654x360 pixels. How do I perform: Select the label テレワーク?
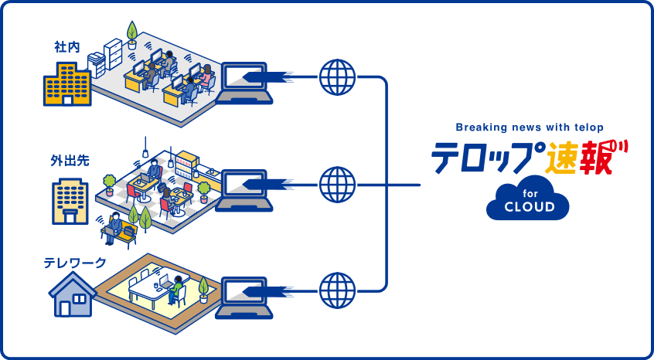(75, 263)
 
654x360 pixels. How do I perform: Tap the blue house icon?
(71, 297)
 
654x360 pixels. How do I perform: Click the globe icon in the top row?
(337, 76)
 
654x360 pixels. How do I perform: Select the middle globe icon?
(337, 185)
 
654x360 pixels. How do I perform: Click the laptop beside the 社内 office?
(245, 84)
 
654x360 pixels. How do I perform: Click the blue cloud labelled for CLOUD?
(528, 199)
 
